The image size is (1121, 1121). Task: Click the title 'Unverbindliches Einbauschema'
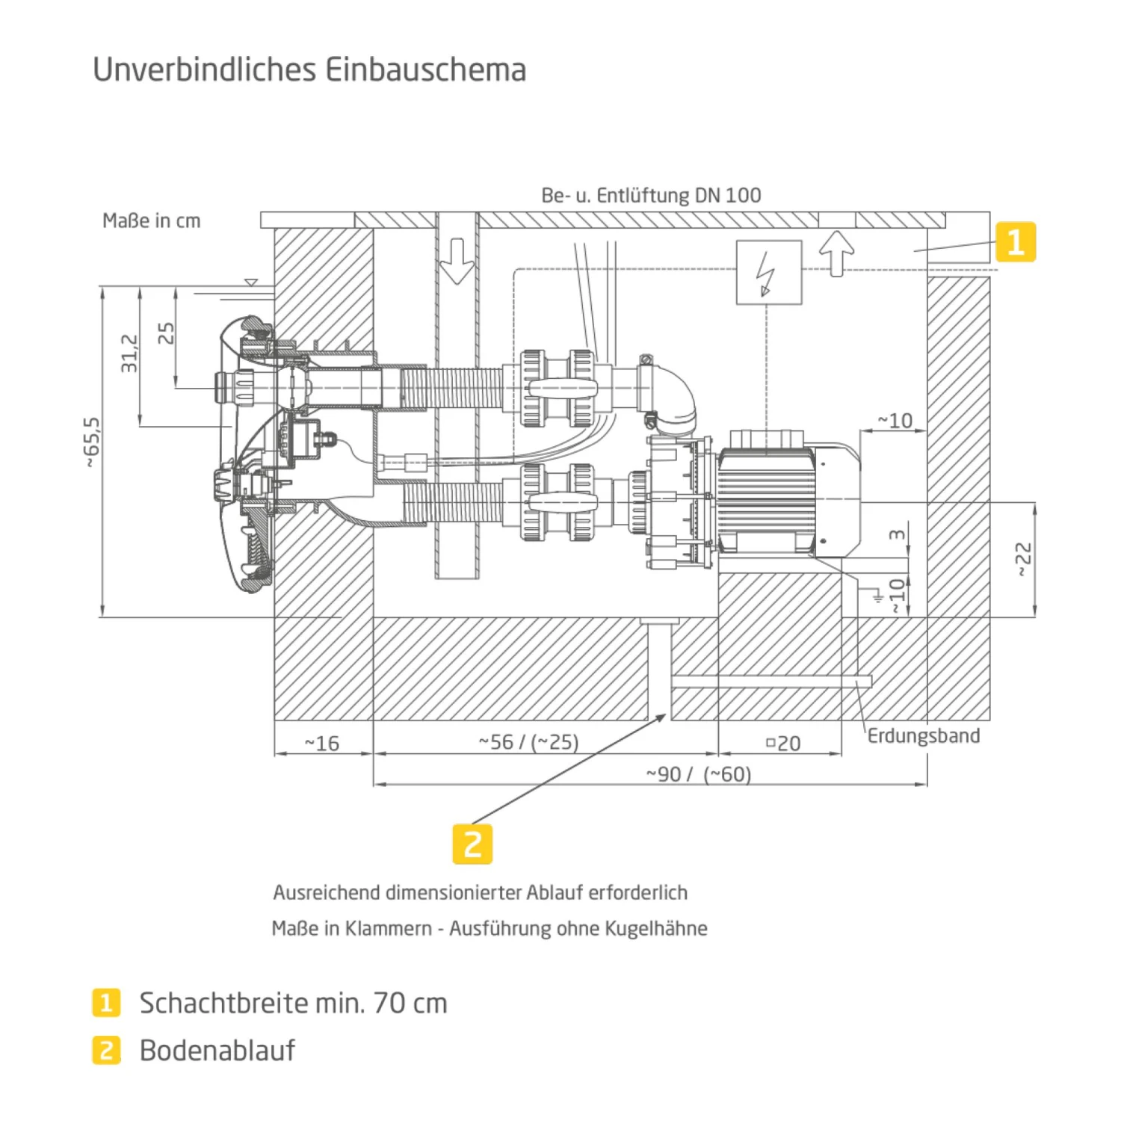309,70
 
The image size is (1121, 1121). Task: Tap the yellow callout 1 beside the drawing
1016,242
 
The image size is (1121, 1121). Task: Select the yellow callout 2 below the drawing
472,844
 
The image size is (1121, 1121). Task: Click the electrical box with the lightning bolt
769,273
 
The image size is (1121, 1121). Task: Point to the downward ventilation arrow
457,261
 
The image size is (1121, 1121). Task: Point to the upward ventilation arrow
836,253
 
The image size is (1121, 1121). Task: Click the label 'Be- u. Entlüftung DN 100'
651,196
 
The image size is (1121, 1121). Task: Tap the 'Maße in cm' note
152,221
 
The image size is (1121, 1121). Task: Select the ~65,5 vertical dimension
92,442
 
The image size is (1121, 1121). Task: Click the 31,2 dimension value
129,353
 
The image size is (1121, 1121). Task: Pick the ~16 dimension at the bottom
322,744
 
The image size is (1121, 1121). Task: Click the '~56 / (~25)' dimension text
528,742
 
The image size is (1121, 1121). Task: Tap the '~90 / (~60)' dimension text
698,774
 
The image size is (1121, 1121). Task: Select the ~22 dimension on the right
1023,559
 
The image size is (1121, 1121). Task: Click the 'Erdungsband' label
924,736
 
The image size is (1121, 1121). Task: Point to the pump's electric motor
770,498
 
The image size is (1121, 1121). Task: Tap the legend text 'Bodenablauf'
217,1051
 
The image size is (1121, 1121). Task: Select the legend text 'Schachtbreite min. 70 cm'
294,1003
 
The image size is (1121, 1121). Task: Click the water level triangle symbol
252,282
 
